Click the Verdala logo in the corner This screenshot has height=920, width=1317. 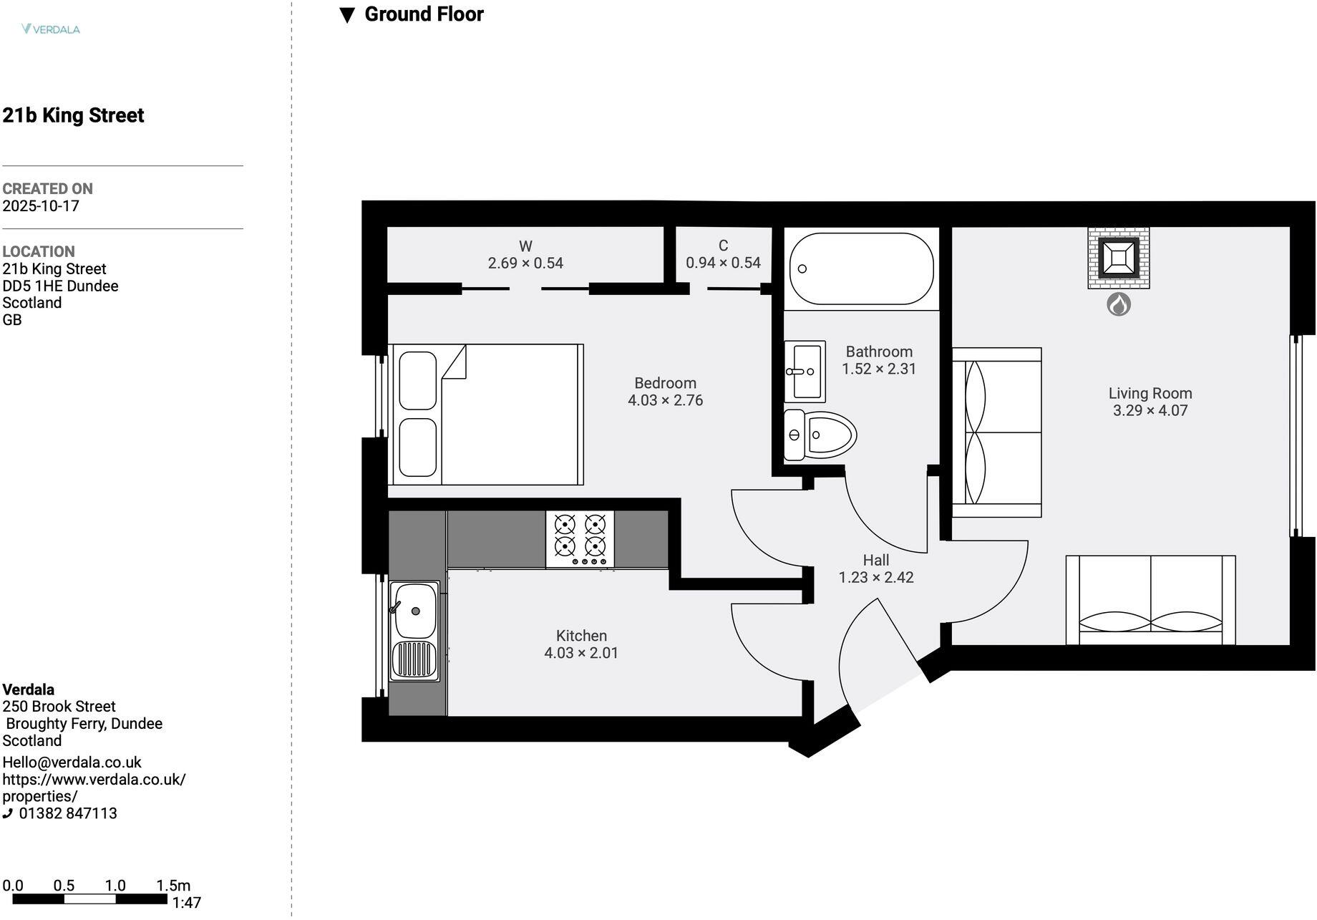click(50, 29)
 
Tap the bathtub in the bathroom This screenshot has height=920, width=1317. click(861, 268)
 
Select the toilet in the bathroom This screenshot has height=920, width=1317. click(820, 435)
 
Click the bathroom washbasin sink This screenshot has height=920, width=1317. click(805, 372)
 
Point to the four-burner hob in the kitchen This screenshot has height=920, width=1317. click(580, 538)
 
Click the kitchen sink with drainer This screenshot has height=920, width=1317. click(414, 631)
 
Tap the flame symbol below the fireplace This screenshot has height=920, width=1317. click(1119, 304)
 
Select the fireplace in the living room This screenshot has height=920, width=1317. click(1119, 258)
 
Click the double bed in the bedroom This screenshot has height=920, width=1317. click(487, 415)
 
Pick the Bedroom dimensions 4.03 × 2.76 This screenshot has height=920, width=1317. click(665, 401)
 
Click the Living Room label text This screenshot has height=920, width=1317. click(1150, 393)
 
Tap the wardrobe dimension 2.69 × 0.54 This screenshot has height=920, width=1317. click(525, 263)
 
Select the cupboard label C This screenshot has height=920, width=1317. click(723, 246)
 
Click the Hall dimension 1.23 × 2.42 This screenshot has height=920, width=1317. click(876, 578)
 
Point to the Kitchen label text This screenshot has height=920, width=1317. click(581, 636)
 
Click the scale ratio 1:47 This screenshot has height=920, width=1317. click(186, 904)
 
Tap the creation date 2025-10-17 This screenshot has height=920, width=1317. click(41, 206)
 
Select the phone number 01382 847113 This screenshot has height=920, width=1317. click(68, 813)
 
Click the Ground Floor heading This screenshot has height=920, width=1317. click(424, 14)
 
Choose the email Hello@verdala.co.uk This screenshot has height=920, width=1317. click(72, 762)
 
